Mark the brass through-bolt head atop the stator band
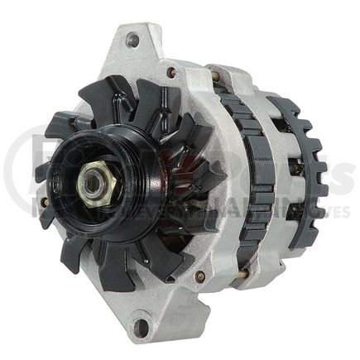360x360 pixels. (218, 76)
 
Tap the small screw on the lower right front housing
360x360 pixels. (199, 276)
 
